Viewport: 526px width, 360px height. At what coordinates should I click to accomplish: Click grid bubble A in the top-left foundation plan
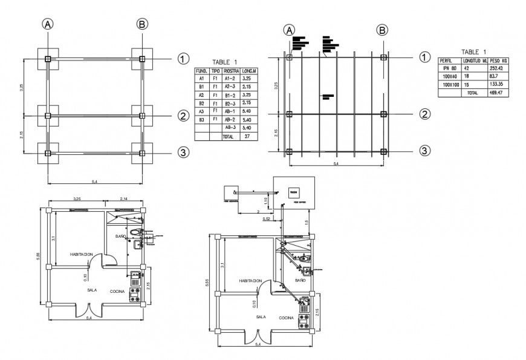48,24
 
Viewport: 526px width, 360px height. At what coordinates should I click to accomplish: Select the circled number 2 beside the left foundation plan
184,116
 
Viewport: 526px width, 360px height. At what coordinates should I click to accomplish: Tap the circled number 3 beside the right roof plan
425,151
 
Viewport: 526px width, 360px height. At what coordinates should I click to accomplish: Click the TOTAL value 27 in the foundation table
246,137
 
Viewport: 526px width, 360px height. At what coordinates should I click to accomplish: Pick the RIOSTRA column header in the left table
230,71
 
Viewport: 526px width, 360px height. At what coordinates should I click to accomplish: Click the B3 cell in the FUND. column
201,120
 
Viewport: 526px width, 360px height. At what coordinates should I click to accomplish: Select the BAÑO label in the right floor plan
300,281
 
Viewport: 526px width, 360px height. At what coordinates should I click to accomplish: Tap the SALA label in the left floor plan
93,290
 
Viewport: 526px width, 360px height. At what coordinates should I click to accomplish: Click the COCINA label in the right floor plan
287,318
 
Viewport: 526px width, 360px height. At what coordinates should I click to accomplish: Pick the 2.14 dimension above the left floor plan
123,199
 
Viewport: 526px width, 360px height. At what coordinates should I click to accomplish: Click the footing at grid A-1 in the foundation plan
48,59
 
